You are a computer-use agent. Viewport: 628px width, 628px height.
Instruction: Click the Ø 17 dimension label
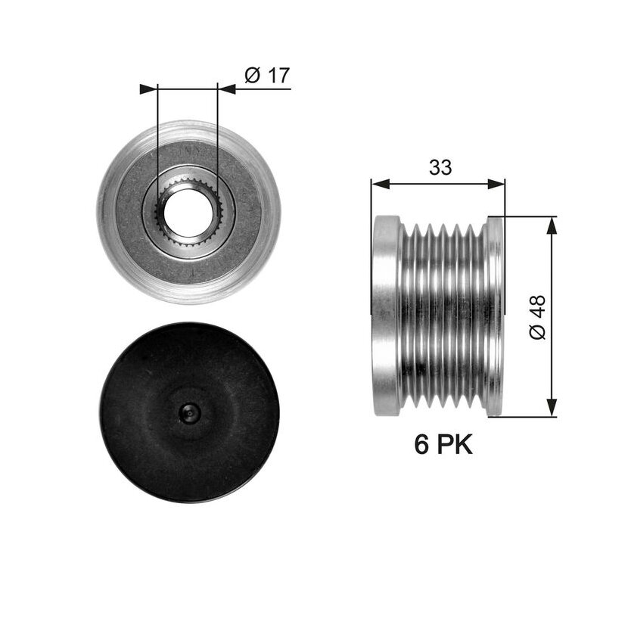(267, 76)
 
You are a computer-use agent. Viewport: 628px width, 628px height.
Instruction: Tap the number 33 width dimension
(440, 167)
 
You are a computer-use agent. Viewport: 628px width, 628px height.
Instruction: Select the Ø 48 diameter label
(537, 317)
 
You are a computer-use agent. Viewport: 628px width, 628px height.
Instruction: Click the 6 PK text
(443, 444)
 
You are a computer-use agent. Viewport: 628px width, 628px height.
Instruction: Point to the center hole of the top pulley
(188, 211)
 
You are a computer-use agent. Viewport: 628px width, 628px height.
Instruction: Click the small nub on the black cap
(188, 412)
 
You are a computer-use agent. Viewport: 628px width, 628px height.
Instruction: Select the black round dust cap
(188, 412)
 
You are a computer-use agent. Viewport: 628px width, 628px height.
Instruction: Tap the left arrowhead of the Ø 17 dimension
(148, 89)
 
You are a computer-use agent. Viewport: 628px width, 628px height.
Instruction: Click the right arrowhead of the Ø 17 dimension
(227, 89)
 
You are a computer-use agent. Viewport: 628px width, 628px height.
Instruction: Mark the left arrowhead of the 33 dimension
(380, 184)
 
